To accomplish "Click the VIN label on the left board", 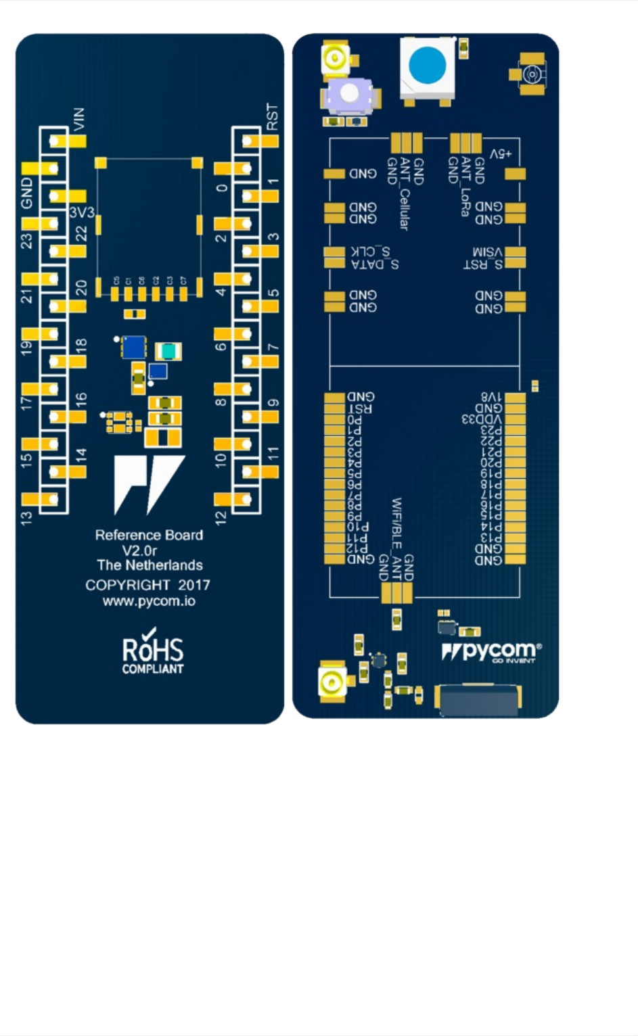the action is [79, 118].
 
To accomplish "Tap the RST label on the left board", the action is [272, 116].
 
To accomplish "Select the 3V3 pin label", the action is [82, 212].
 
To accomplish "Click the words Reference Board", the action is [149, 535].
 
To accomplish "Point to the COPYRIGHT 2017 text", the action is [147, 585].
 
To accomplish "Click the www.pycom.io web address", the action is [149, 601].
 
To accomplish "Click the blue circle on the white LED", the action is [428, 66].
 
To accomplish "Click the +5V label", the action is [501, 154].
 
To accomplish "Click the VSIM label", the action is [488, 252].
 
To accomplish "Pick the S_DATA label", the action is [375, 264].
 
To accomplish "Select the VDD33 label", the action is [482, 419].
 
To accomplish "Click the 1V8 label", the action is [491, 397].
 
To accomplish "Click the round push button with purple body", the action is [349, 93].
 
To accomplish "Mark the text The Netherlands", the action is [150, 565].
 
